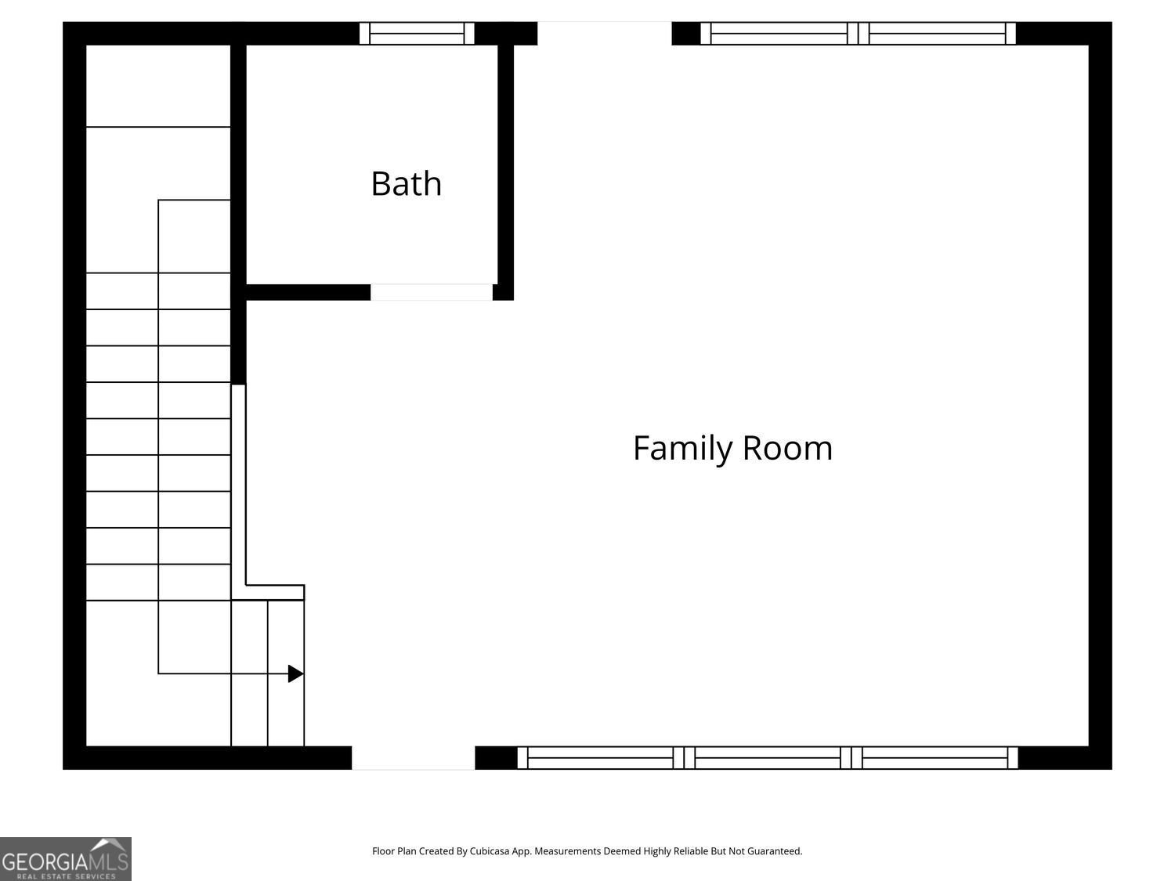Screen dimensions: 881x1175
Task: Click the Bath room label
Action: click(406, 184)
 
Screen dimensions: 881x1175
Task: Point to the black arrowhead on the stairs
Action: click(295, 673)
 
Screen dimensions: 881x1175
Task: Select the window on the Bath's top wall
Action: click(417, 34)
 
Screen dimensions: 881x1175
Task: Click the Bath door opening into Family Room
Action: click(431, 292)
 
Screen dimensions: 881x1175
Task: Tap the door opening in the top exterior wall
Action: click(604, 34)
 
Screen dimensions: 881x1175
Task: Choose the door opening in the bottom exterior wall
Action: click(413, 758)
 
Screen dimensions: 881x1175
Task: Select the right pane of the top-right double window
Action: click(938, 34)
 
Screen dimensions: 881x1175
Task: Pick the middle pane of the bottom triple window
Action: click(768, 758)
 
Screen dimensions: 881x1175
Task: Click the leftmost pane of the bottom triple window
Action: click(600, 758)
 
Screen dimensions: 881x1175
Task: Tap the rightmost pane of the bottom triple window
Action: click(935, 758)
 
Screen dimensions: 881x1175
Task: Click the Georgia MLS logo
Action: click(66, 859)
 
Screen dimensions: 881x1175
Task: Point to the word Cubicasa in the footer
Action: click(491, 851)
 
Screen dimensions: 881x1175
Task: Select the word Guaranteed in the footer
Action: click(774, 851)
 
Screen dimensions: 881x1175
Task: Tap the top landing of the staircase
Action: click(157, 85)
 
